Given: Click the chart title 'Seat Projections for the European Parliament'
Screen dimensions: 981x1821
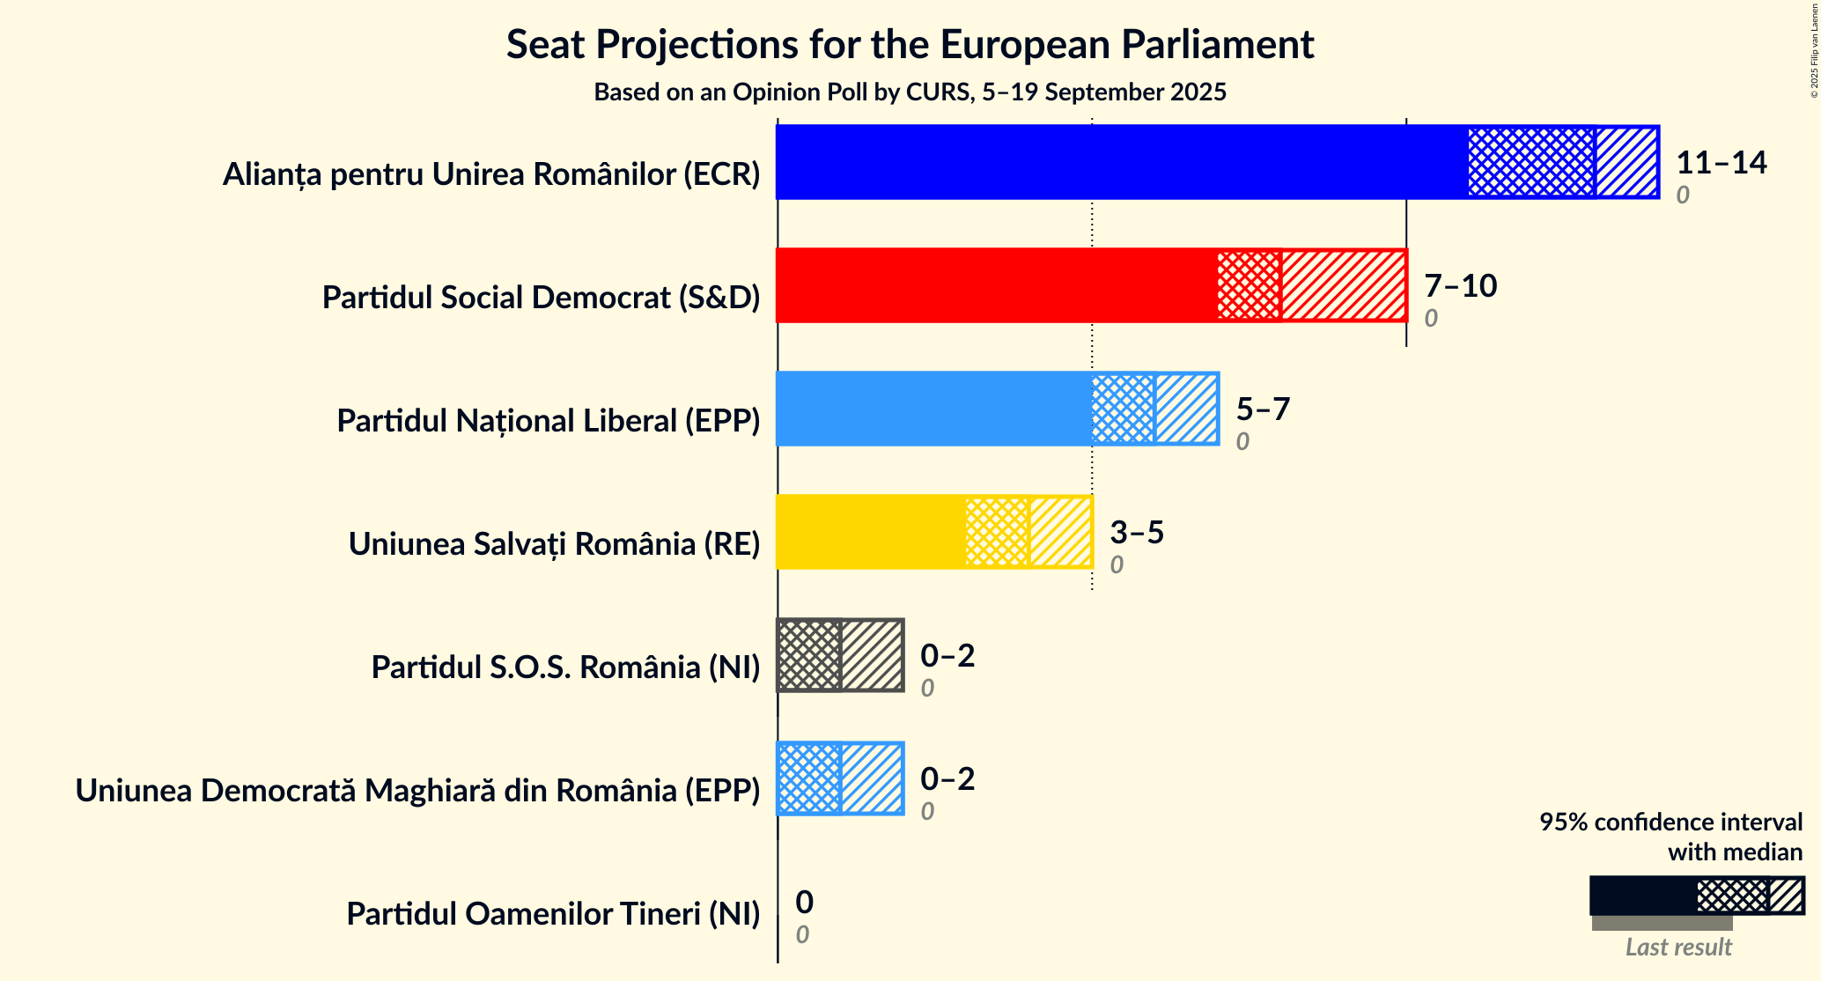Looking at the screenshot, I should tap(910, 44).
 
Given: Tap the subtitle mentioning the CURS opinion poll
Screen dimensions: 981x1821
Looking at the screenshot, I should tap(910, 92).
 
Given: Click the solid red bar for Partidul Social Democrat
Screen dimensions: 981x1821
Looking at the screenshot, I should tap(996, 285).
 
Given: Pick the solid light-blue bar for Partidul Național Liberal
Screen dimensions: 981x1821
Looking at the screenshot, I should tap(933, 409).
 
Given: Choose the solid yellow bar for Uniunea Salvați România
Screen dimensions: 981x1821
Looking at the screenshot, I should tap(870, 532).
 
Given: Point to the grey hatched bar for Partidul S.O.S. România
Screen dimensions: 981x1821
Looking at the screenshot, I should tap(840, 655).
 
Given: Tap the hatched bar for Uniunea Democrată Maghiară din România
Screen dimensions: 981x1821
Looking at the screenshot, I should tap(840, 778).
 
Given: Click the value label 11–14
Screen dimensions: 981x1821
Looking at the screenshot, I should tap(1721, 162).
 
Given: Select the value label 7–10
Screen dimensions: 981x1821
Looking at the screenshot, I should tap(1460, 285).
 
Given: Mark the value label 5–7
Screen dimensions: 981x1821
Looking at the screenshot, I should tap(1263, 409).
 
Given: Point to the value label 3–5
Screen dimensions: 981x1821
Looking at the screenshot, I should tap(1137, 532).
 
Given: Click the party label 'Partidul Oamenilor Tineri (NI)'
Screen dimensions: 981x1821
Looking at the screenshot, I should tap(553, 914).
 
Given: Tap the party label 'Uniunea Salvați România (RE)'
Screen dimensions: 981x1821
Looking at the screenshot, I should tap(554, 544).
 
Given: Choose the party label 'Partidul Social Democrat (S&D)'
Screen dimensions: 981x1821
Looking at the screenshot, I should tap(541, 298).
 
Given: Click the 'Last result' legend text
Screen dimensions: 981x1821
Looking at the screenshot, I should tap(1678, 947).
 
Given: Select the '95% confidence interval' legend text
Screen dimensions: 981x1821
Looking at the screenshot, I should tap(1670, 822).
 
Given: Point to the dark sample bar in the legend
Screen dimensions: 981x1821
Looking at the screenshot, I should tap(1642, 896).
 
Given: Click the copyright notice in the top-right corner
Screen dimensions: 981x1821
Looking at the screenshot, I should tap(1814, 49).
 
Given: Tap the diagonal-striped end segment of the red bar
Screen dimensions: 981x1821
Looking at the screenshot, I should tap(1343, 285).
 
